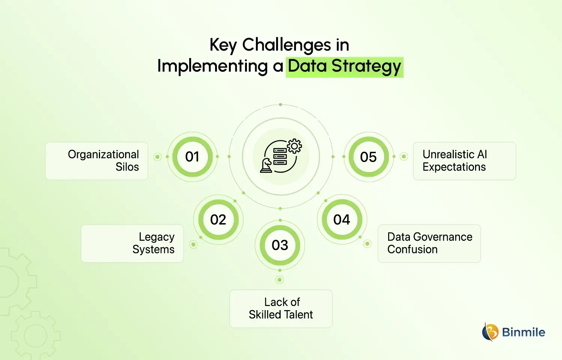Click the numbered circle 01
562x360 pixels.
192,157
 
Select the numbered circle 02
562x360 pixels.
218,219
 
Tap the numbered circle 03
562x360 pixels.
280,245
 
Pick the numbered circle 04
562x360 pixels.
342,219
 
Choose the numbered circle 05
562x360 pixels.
368,157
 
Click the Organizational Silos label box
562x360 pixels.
97,161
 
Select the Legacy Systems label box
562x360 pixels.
132,243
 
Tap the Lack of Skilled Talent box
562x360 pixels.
281,309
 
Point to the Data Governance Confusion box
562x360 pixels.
429,243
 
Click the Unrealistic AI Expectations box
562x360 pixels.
464,161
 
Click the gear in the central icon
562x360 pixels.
294,146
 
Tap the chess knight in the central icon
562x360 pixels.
266,165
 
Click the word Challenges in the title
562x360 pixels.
287,45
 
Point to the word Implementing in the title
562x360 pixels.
212,66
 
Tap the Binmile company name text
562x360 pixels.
523,332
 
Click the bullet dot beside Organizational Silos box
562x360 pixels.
158,157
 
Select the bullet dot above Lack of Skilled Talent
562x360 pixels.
280,280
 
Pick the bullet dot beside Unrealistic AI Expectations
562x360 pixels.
404,156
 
